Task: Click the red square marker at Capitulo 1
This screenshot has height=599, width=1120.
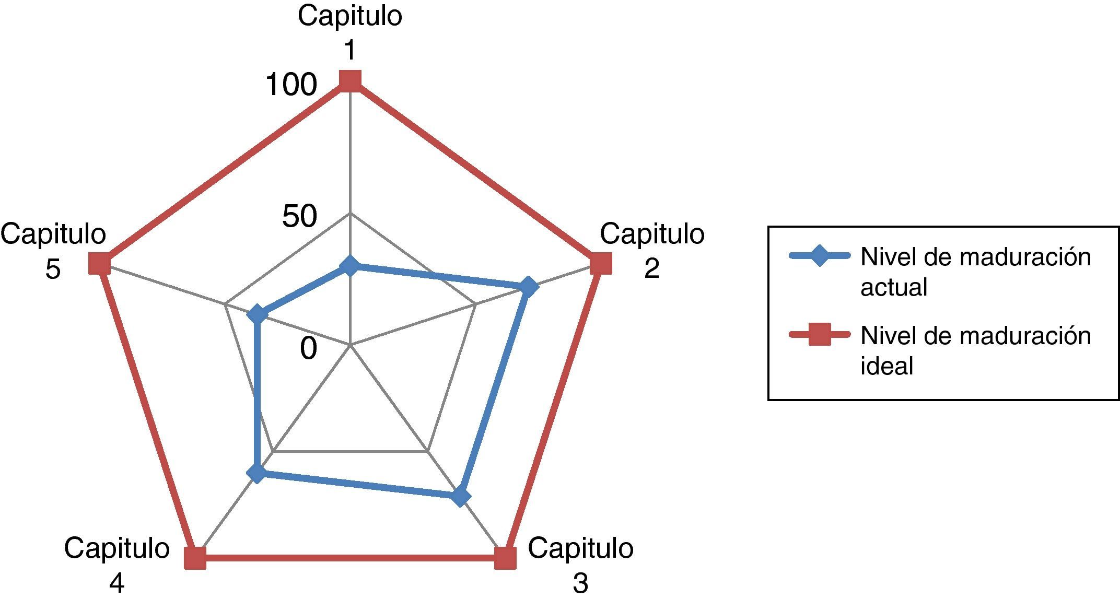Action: click(350, 81)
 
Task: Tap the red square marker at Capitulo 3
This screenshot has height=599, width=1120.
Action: click(505, 558)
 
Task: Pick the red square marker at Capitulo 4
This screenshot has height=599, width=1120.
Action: click(195, 558)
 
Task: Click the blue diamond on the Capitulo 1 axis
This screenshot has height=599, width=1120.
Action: click(350, 266)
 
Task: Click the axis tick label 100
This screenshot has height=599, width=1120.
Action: click(291, 85)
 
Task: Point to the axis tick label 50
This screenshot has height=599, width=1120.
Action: click(299, 216)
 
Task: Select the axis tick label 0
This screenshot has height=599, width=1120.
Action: click(308, 348)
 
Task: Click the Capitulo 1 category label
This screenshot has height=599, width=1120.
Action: click(350, 32)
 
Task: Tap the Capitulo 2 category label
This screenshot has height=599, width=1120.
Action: click(652, 251)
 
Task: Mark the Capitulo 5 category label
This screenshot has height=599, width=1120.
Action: click(53, 251)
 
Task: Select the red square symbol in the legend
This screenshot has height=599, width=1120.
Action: click(820, 335)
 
